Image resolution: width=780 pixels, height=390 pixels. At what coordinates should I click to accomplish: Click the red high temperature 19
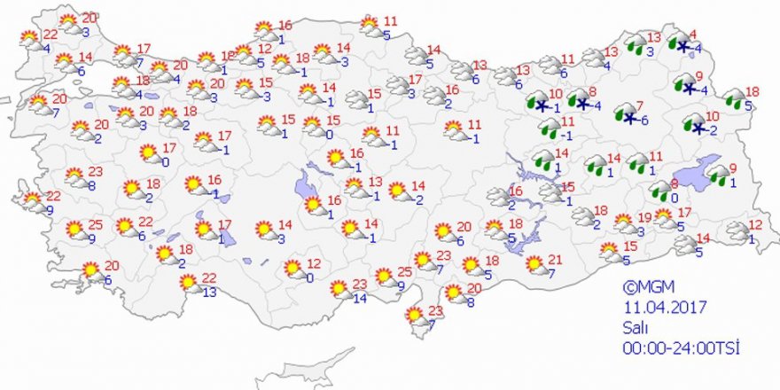tap(644, 217)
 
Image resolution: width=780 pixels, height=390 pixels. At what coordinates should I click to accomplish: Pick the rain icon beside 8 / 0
tap(659, 191)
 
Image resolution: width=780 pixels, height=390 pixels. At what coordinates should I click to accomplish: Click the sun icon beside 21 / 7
tap(534, 264)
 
